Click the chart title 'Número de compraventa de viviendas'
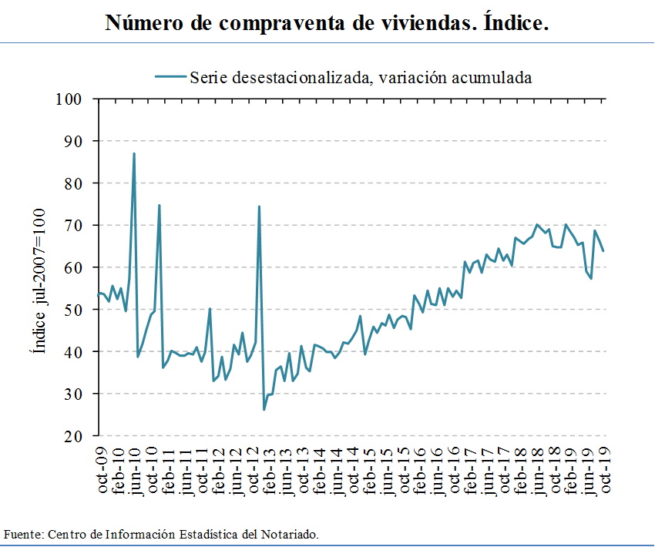(x=327, y=23)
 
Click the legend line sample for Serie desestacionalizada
(x=171, y=76)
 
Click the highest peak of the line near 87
(x=134, y=153)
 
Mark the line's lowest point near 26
(x=264, y=409)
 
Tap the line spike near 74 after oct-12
(x=259, y=206)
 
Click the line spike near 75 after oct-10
(x=160, y=205)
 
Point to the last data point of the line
(x=603, y=250)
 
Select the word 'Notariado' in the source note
(x=290, y=533)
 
